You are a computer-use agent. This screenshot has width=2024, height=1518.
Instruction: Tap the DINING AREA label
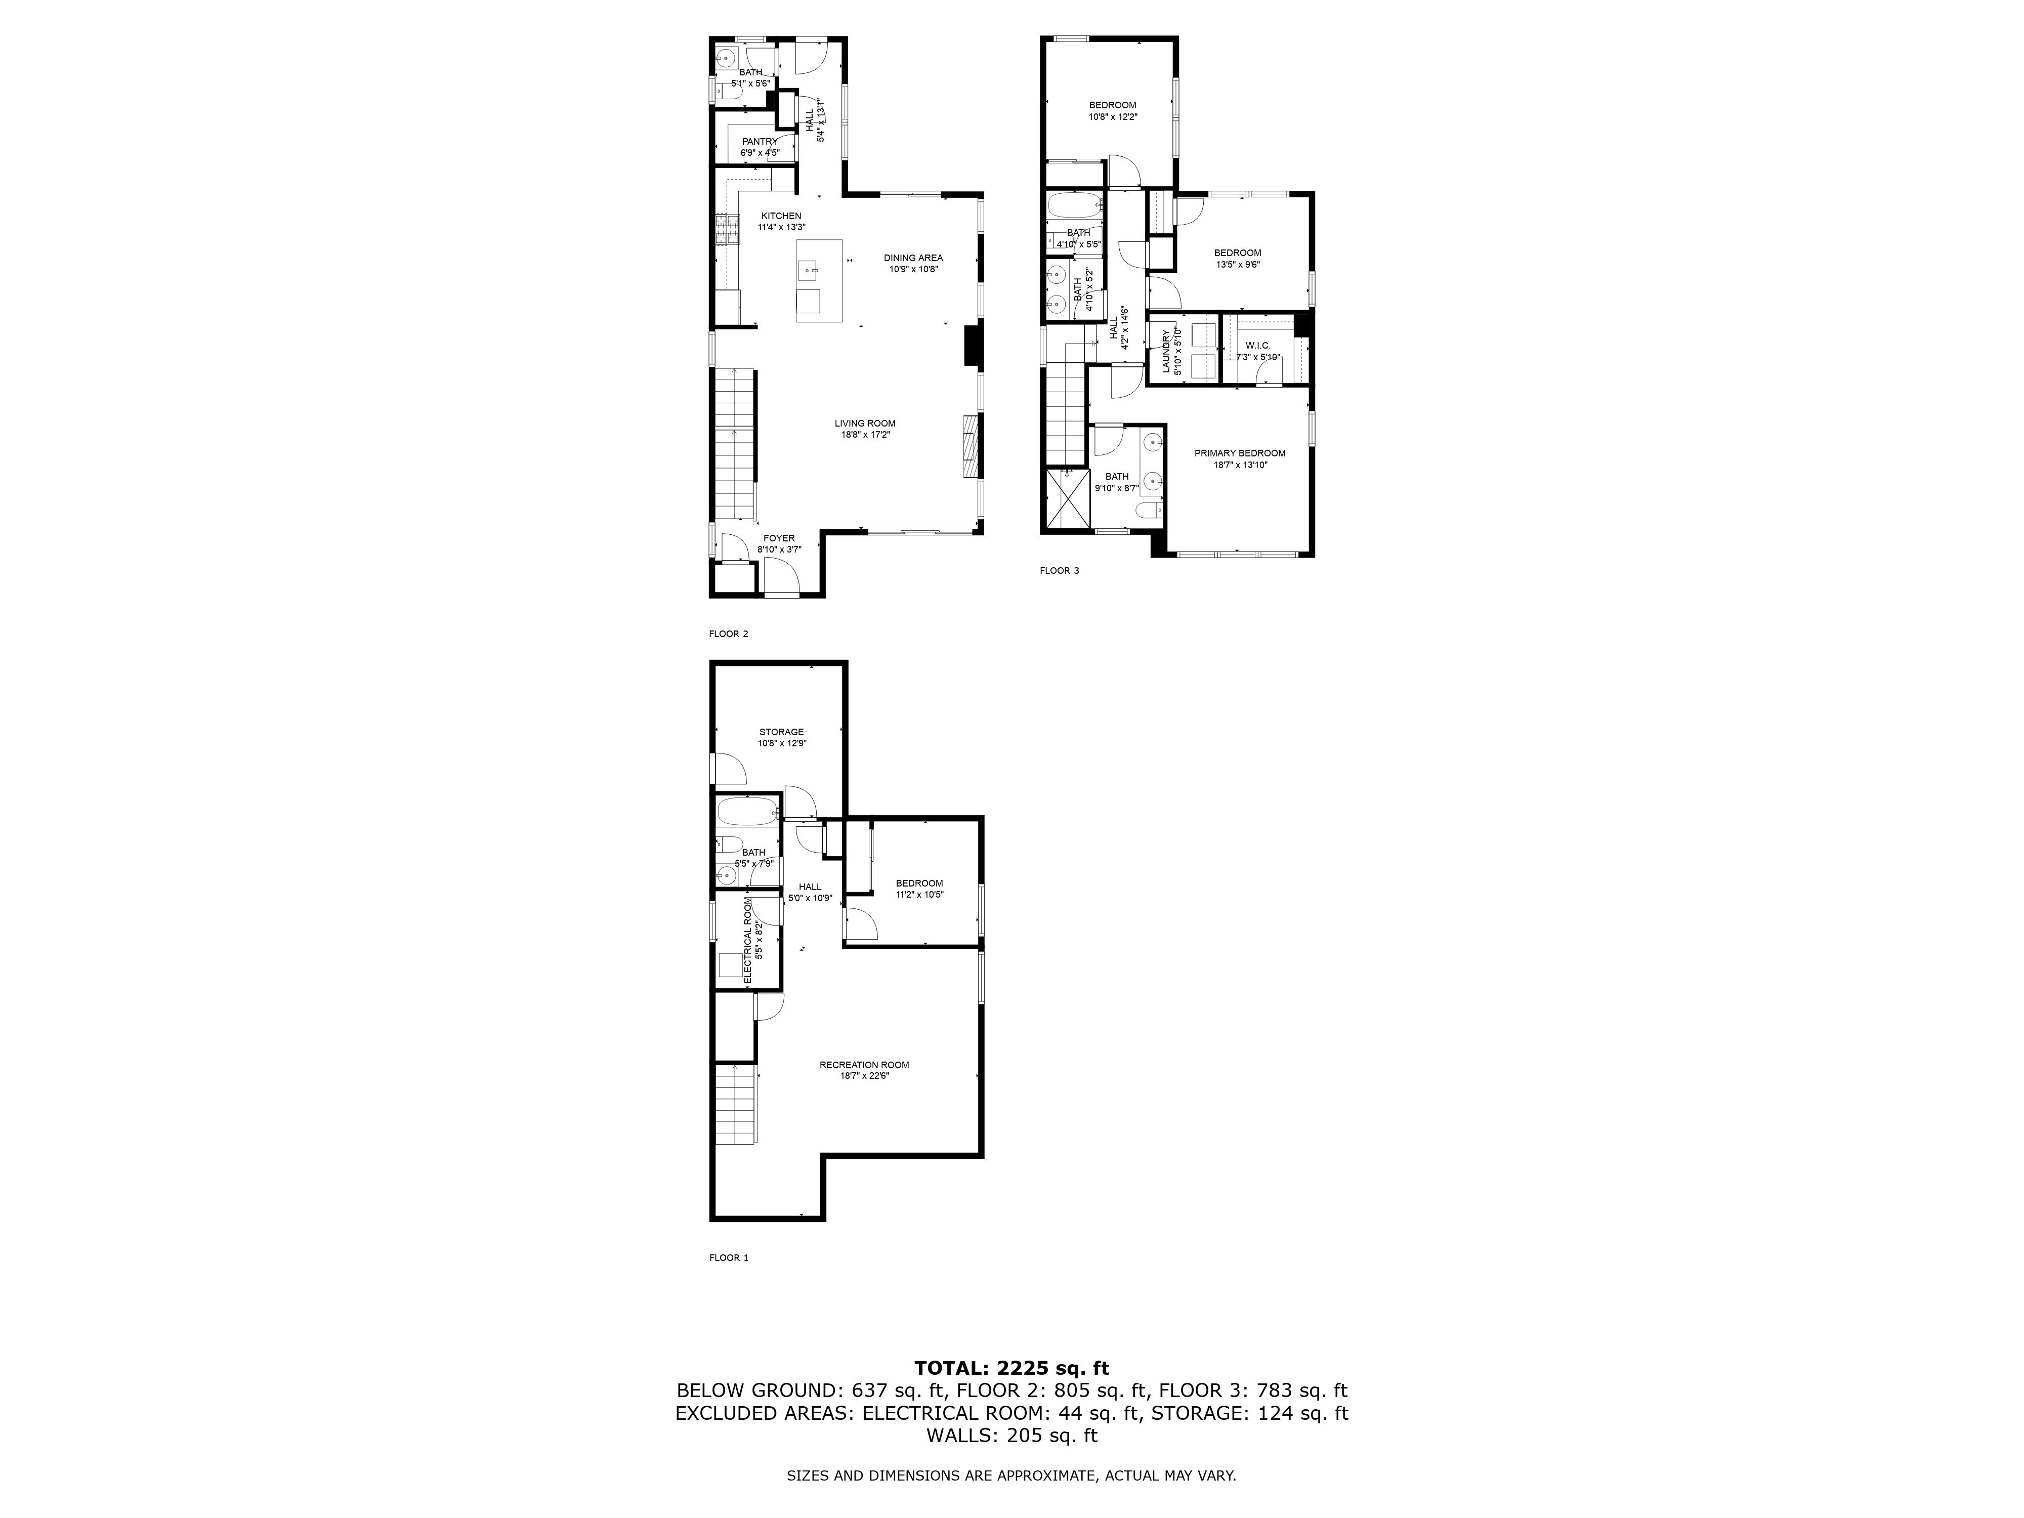pos(913,258)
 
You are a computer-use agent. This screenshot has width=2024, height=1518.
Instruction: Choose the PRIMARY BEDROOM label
pos(1240,453)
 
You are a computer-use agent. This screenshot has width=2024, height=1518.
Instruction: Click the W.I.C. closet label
pos(1258,345)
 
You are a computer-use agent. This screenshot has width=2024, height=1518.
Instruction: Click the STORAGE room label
pos(781,732)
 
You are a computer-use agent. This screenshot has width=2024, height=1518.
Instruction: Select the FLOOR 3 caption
pos(1060,571)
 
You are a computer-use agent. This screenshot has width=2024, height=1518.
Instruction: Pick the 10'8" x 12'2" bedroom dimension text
pos(1113,117)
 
